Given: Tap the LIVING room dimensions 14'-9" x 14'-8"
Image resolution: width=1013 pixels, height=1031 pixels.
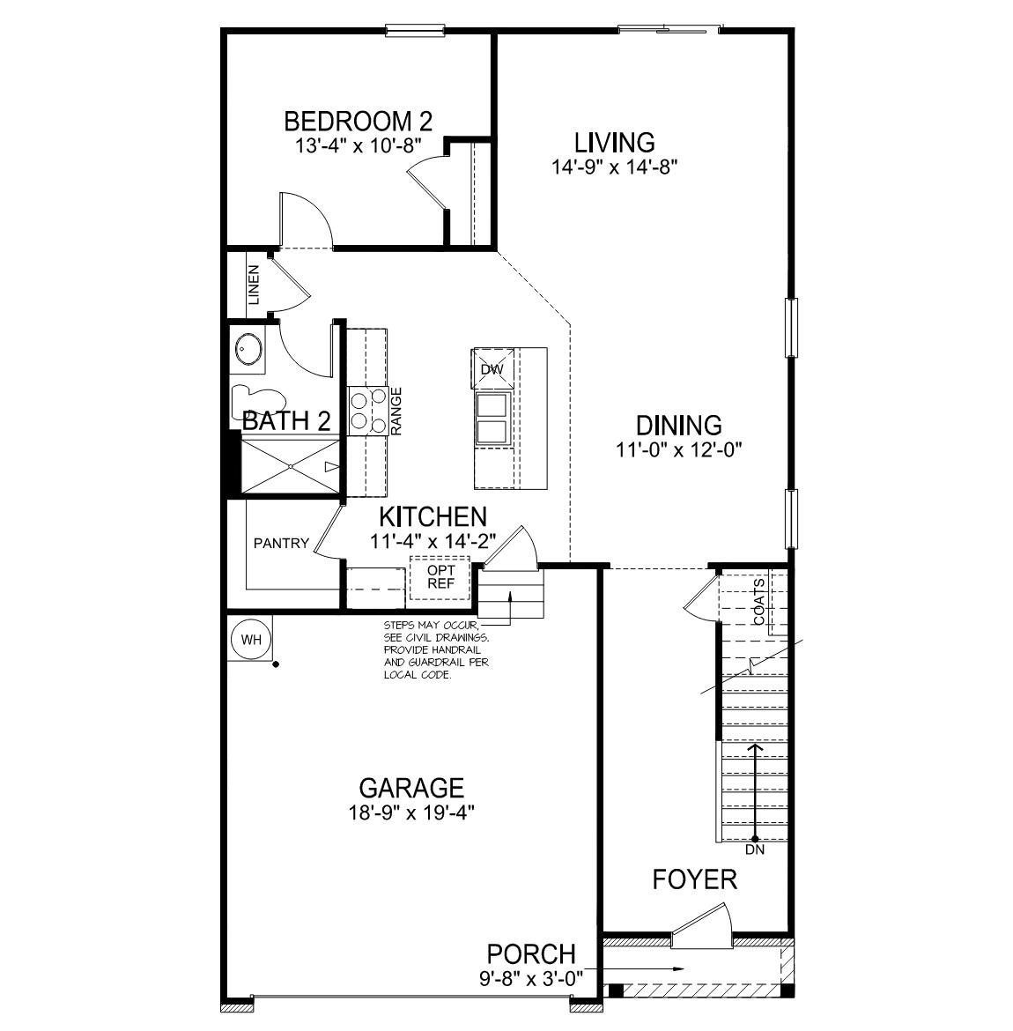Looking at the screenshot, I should pos(614,165).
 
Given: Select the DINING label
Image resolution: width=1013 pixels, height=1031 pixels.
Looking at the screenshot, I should pos(679,426).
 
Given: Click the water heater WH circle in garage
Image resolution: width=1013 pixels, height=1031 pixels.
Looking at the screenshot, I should pos(251,640).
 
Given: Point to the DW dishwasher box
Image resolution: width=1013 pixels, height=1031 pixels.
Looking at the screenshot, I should pos(492,369).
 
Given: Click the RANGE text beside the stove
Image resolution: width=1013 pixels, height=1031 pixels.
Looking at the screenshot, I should pos(396,411).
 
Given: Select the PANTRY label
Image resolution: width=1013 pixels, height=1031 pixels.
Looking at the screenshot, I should pos(281,543).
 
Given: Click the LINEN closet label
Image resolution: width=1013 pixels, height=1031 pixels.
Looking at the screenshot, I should pos(254,286).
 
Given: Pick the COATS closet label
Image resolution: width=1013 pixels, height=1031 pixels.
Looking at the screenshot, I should pos(759,602).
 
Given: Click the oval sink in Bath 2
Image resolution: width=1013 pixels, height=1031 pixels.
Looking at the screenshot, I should pos(248,351).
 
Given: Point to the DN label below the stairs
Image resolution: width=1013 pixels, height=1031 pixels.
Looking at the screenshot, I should pos(755,851).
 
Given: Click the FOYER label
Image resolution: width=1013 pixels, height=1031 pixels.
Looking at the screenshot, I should pos(694,879).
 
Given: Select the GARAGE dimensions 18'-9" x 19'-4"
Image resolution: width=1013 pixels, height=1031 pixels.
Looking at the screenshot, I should pos(411,812).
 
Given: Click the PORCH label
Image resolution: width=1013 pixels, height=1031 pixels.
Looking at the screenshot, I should pos(531,953).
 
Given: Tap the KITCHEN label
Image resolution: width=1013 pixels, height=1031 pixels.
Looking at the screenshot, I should pos(433,516).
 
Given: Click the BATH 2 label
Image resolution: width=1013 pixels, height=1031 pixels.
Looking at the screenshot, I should pos(286,420).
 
